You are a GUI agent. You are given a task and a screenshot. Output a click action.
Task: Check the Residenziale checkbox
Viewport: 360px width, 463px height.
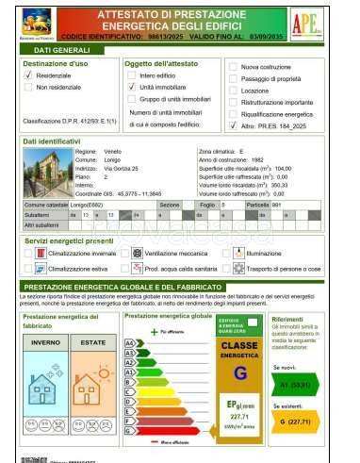(29, 74)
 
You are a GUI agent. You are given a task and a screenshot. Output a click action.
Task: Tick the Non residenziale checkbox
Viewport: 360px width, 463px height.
(29, 87)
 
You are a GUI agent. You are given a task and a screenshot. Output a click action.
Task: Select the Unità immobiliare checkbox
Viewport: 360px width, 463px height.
(131, 86)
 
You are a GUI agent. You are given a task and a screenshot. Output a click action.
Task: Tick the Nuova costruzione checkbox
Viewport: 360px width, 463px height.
(232, 69)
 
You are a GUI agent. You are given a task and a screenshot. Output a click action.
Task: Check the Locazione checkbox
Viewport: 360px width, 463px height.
(232, 91)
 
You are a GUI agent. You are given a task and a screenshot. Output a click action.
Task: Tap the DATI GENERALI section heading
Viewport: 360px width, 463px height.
(56, 48)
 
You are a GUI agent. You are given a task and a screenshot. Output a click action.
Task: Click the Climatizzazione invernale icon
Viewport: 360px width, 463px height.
(41, 254)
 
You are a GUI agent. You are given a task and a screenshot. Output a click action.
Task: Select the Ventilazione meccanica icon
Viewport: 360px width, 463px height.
(137, 254)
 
